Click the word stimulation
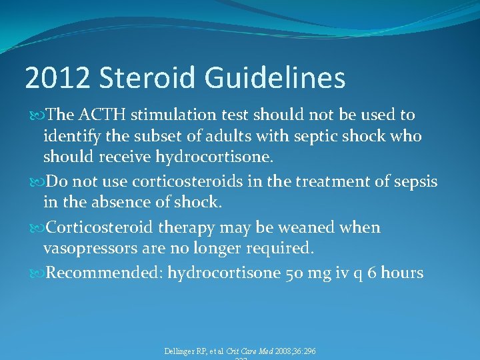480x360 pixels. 175,115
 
